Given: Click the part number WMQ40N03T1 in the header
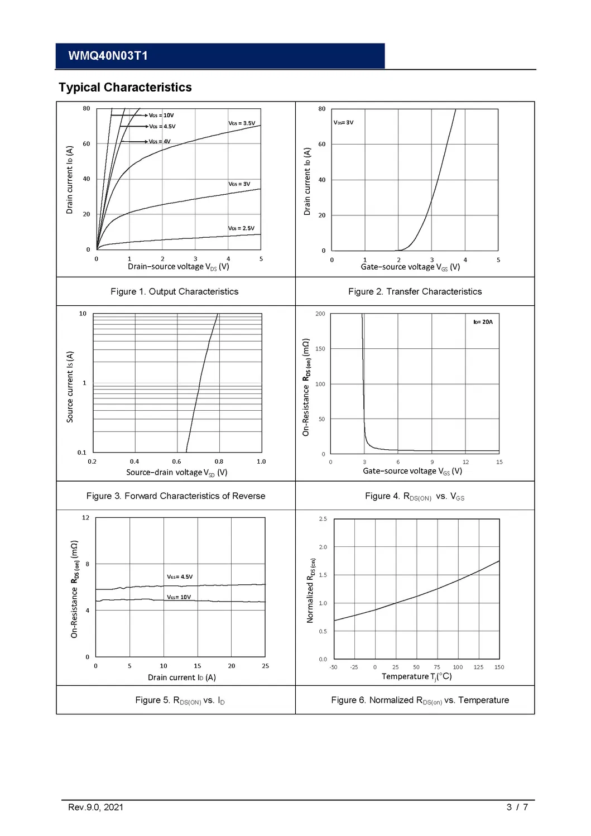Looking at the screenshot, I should [108, 56].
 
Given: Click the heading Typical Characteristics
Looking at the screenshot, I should [125, 88].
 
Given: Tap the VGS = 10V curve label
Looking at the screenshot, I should [161, 116].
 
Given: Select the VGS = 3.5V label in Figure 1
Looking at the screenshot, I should [242, 123].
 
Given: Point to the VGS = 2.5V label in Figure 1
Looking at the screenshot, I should [241, 228].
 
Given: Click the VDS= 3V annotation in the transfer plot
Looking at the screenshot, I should [343, 123].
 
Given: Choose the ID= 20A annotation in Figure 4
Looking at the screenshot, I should [483, 322].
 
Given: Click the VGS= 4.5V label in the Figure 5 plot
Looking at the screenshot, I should [180, 577].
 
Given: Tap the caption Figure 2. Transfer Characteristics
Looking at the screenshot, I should [415, 292].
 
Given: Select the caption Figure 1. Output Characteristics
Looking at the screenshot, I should [174, 292].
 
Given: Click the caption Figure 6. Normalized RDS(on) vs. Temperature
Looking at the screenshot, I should [420, 700].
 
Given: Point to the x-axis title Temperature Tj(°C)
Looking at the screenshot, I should [416, 676].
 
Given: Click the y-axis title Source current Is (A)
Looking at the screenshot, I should [70, 387].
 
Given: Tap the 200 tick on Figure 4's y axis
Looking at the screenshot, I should [320, 314].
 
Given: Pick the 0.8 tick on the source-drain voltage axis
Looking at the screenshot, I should [219, 462].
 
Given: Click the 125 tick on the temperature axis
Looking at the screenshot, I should [478, 667].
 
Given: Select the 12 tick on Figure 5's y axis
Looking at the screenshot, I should [85, 518].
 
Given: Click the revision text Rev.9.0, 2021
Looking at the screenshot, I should [95, 808].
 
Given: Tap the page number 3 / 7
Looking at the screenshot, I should [517, 808].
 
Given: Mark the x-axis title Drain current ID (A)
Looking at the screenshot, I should [181, 678].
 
